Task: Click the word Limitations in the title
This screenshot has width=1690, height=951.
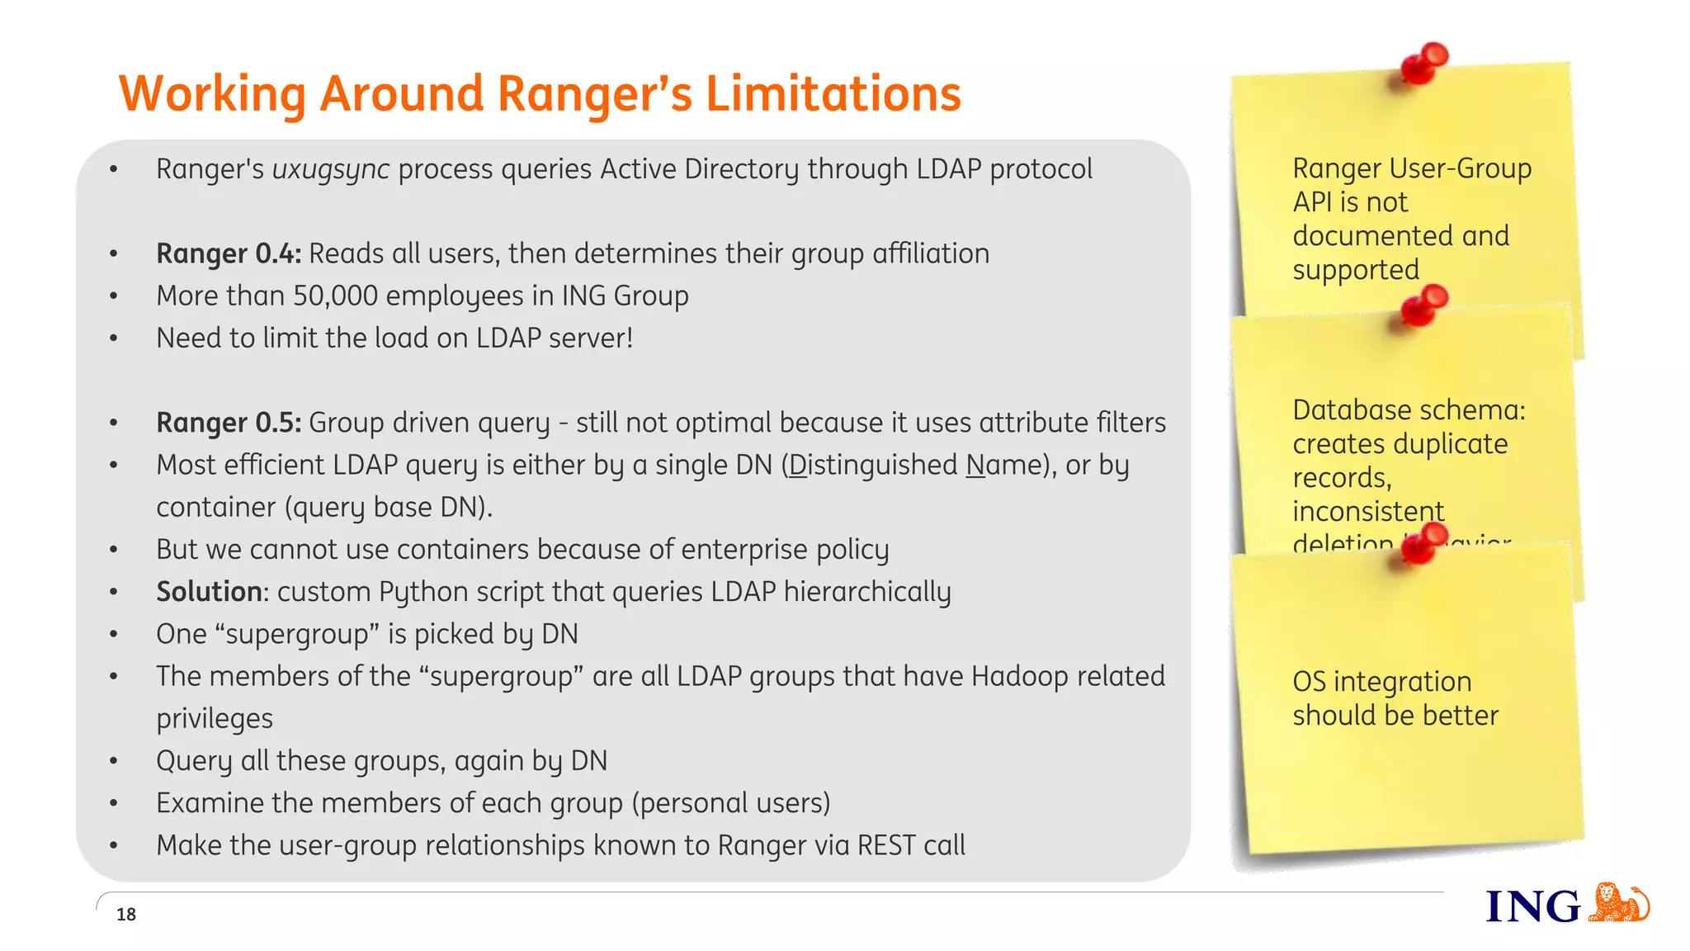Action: point(833,93)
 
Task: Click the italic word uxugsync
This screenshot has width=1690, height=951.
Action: point(330,170)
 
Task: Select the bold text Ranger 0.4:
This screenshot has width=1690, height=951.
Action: point(229,253)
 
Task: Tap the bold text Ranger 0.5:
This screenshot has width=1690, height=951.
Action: point(229,423)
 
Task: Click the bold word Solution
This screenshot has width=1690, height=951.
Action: point(209,592)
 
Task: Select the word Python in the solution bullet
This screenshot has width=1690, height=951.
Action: point(414,593)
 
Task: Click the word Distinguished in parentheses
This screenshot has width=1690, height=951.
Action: point(872,466)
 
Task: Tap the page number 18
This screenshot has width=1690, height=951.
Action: point(126,914)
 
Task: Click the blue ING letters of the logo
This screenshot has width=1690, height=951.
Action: point(1532,907)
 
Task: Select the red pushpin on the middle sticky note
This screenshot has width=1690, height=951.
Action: point(1426,305)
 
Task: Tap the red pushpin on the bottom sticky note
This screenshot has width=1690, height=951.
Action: point(1426,542)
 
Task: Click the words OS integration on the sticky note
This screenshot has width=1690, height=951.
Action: point(1381,682)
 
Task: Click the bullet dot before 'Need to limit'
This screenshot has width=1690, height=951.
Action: point(114,338)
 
